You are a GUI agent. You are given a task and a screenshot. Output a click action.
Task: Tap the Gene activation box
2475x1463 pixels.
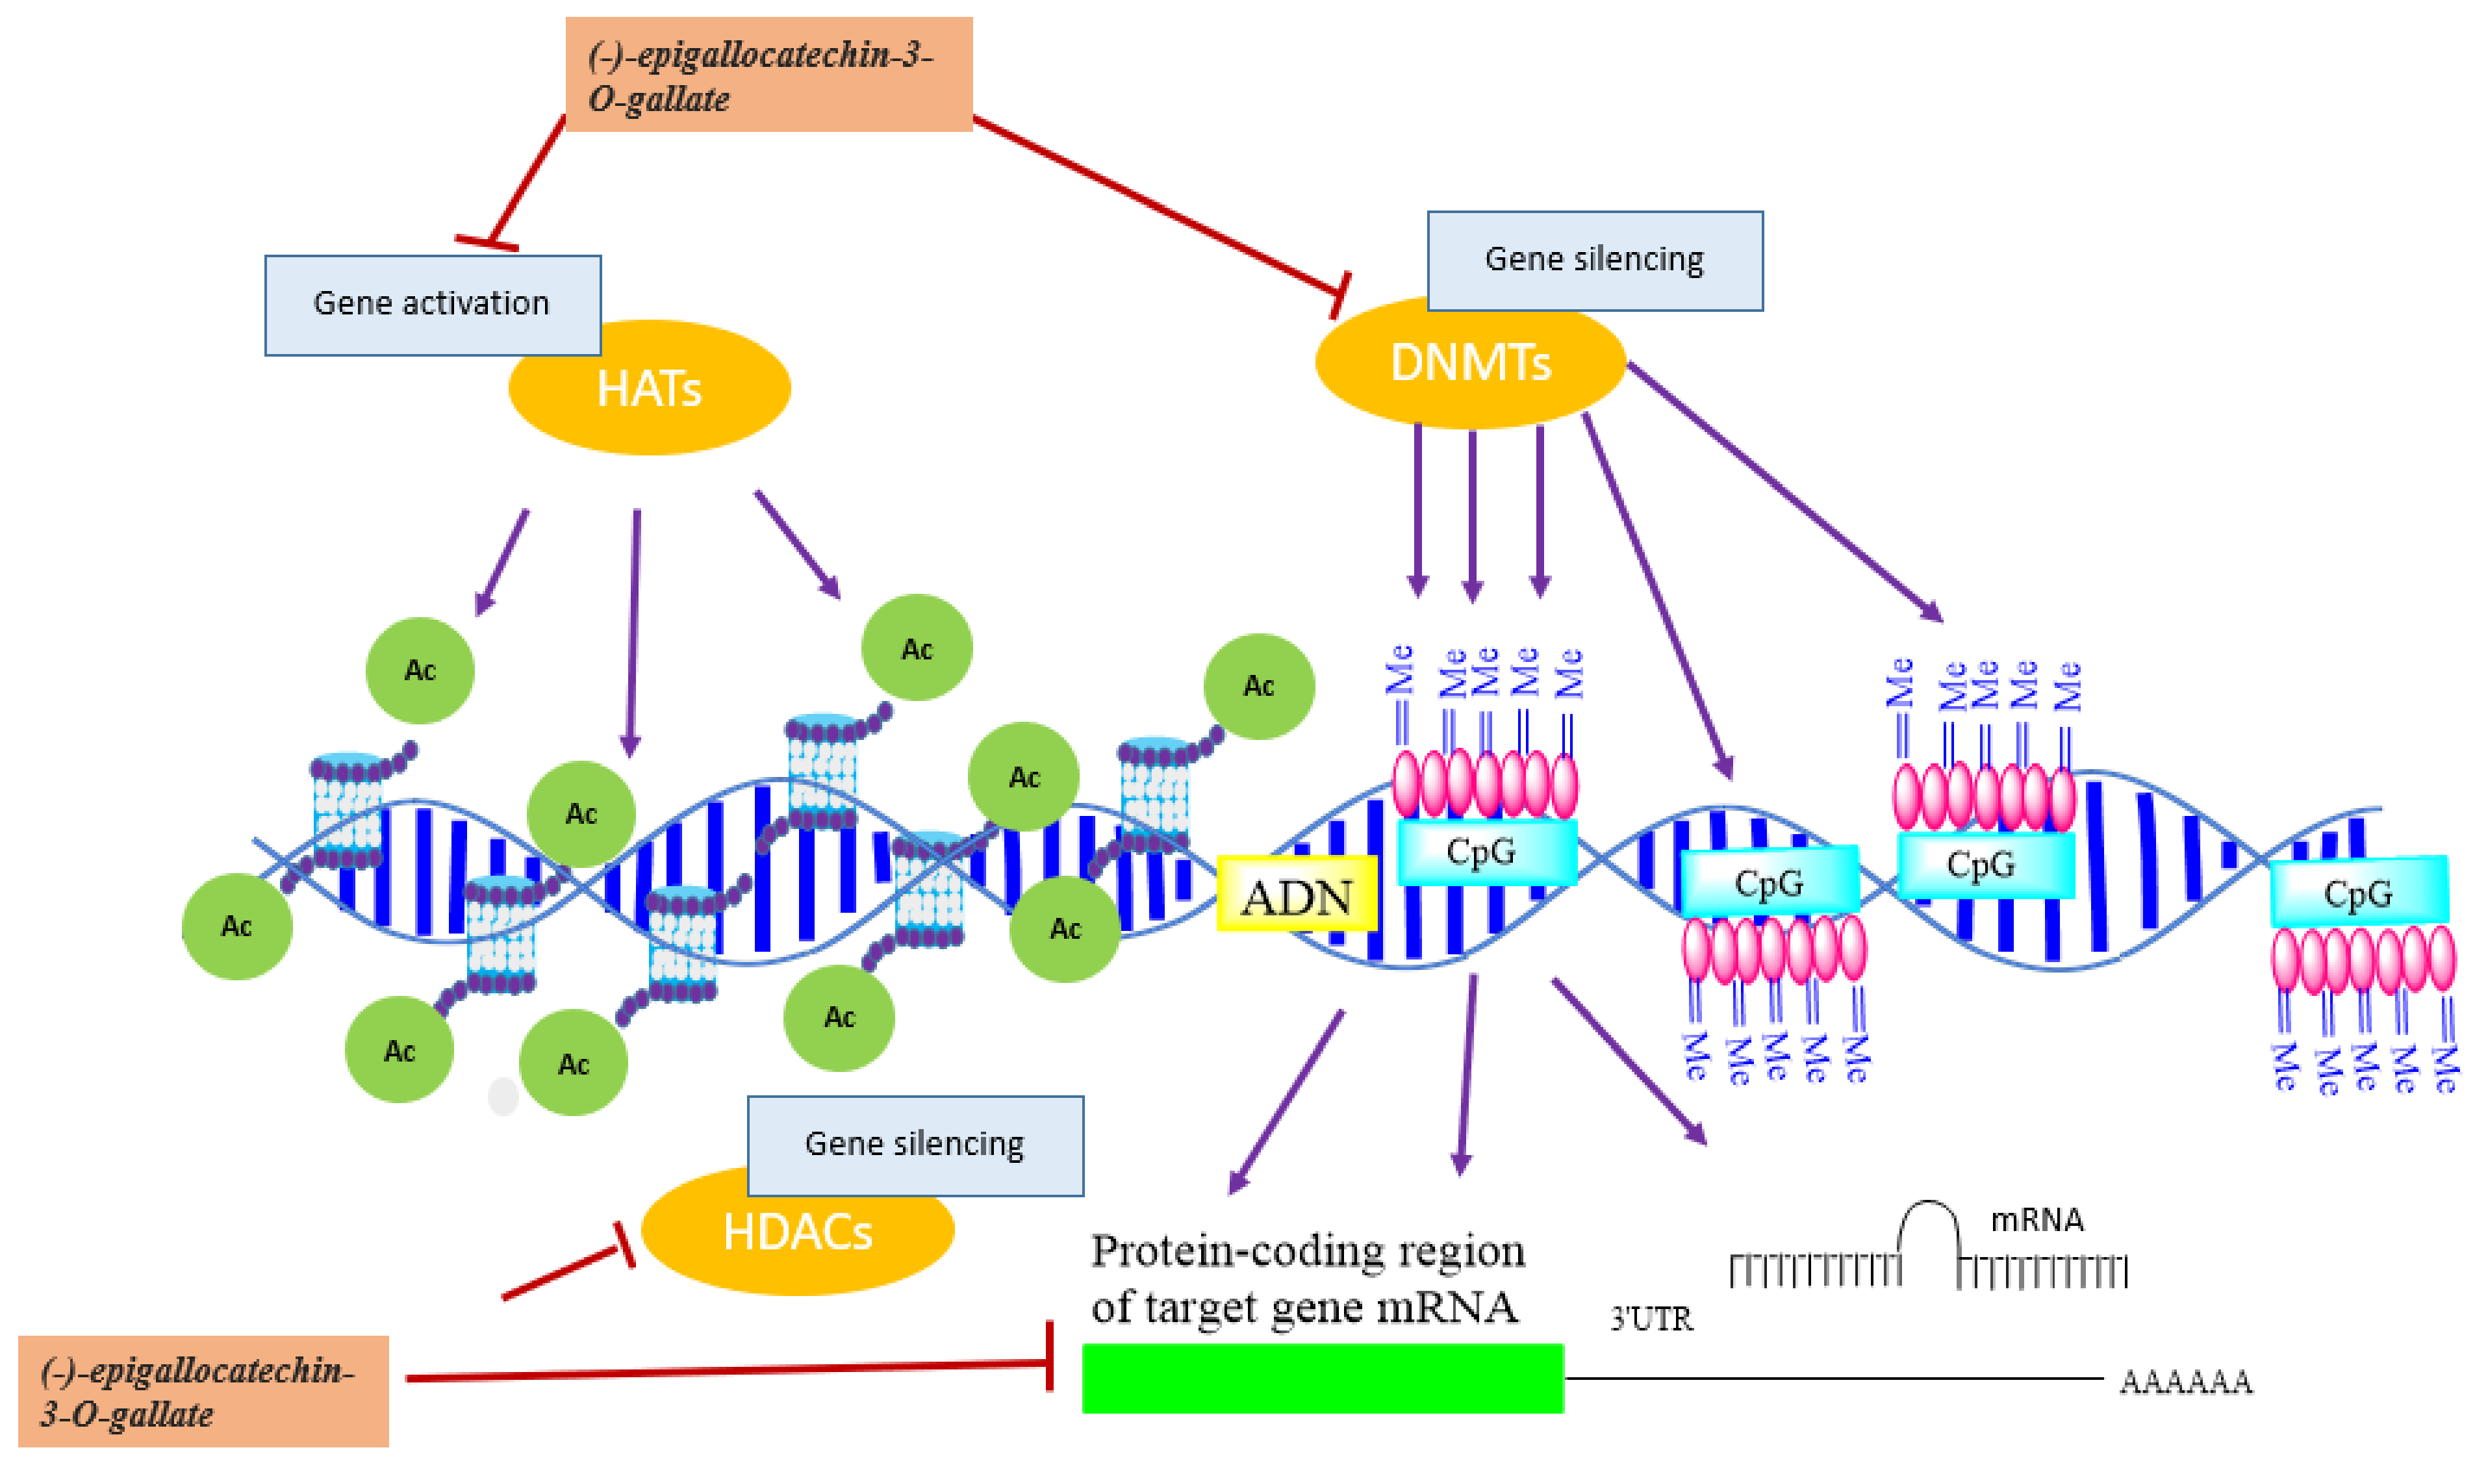point(432,305)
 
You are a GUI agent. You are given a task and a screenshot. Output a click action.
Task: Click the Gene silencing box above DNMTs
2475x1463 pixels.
point(1594,261)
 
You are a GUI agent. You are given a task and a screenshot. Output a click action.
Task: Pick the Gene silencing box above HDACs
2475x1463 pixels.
point(914,1145)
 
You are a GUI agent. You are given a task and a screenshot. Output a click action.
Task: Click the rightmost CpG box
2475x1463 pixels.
point(2357,892)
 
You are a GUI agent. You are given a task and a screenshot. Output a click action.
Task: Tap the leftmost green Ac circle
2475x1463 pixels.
point(236,926)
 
